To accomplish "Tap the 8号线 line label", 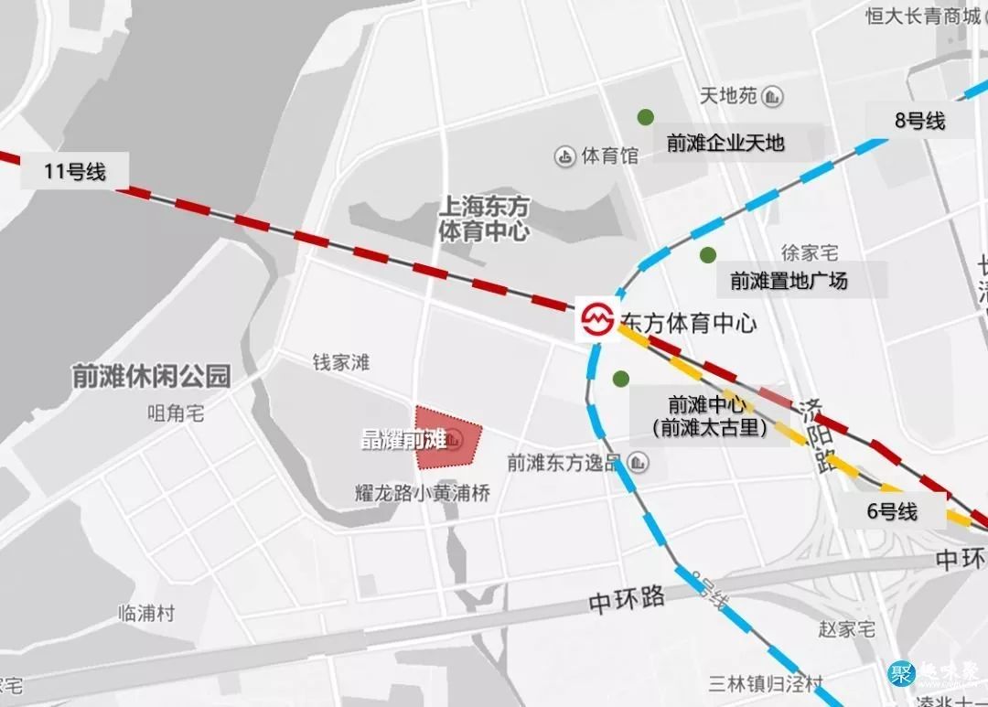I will pyautogui.click(x=919, y=120).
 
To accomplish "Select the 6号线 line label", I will pyautogui.click(x=891, y=511).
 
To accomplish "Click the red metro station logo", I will pyautogui.click(x=597, y=320).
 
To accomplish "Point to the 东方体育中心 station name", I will pyautogui.click(x=689, y=323).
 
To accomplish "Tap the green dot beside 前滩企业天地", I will pyautogui.click(x=646, y=117).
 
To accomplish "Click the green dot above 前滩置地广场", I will pyautogui.click(x=707, y=254).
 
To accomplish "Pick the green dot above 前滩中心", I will pyautogui.click(x=621, y=378).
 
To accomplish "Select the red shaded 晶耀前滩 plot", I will pyautogui.click(x=447, y=438).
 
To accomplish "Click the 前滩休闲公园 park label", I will pyautogui.click(x=152, y=376).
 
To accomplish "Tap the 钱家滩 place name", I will pyautogui.click(x=341, y=362).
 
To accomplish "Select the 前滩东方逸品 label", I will pyautogui.click(x=564, y=463).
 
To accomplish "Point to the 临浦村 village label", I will pyautogui.click(x=146, y=614).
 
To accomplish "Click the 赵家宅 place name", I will pyautogui.click(x=844, y=629).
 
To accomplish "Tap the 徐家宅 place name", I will pyautogui.click(x=809, y=252).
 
